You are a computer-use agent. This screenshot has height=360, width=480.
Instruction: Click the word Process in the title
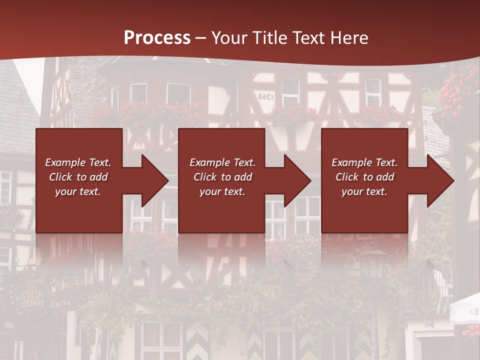click(x=157, y=38)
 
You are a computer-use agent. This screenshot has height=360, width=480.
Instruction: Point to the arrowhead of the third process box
click(x=439, y=180)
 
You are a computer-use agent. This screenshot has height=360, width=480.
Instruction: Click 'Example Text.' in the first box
click(x=78, y=162)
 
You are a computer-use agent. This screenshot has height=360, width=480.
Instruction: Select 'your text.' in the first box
click(x=78, y=191)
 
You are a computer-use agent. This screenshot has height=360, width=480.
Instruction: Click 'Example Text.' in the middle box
click(x=222, y=162)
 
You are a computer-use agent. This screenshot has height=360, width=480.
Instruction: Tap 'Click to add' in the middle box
click(x=222, y=177)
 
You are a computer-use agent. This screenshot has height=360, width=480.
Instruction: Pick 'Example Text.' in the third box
click(x=364, y=162)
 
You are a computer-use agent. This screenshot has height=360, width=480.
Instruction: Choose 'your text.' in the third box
click(x=364, y=191)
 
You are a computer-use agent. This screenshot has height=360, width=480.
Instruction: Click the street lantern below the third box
click(x=372, y=265)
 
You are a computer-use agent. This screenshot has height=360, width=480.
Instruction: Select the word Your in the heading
click(x=229, y=38)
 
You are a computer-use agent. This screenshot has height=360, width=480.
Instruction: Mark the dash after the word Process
click(x=200, y=38)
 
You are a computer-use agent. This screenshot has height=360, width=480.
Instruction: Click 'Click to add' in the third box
click(x=364, y=177)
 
